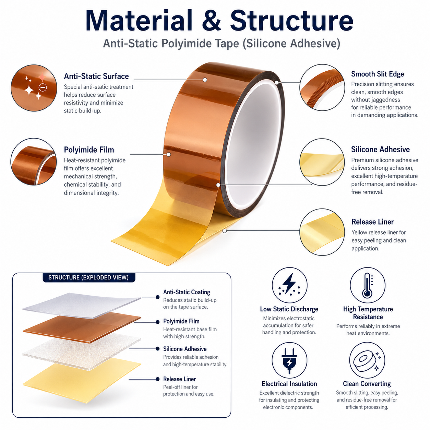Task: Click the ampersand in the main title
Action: coord(211,21)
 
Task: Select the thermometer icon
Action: coord(367,285)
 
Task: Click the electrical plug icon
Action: coord(289,360)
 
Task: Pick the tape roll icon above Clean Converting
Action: coord(367,360)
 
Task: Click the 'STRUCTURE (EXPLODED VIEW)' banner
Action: coord(88,277)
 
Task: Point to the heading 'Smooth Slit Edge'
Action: coord(377,74)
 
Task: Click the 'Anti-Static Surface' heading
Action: coord(96,76)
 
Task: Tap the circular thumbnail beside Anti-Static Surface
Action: coord(34,88)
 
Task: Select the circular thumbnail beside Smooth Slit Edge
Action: coord(322,87)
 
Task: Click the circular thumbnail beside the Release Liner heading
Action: coord(322,232)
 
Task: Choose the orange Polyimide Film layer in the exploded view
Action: coord(82,329)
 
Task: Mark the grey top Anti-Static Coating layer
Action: coord(82,306)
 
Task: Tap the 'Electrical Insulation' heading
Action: coord(289,384)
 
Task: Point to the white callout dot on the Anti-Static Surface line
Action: coord(205,80)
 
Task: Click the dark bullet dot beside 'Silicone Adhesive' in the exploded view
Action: coord(157,348)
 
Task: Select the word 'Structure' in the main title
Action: coord(292,21)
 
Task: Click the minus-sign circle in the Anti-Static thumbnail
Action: coord(43,87)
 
